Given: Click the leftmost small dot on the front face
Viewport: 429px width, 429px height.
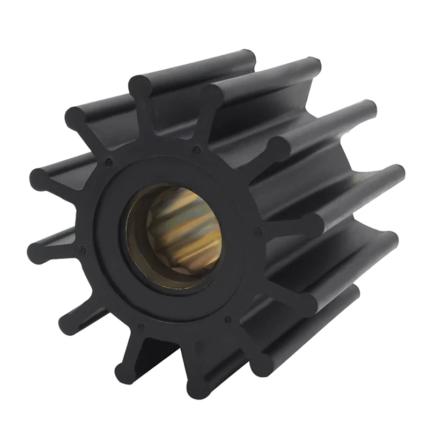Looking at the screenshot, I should click(83, 249).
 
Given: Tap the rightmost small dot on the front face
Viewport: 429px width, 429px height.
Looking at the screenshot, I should click(258, 231).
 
